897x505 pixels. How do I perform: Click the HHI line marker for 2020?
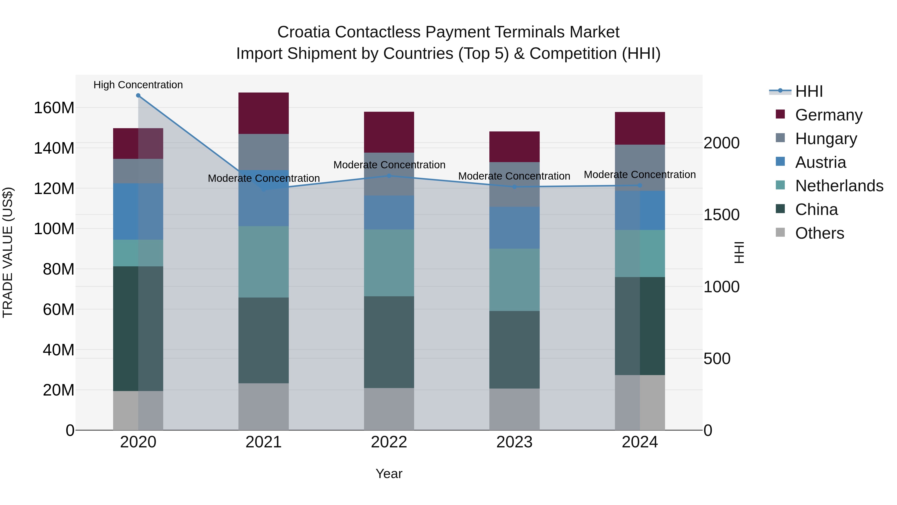(x=138, y=96)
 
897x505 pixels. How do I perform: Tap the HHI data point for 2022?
(x=389, y=176)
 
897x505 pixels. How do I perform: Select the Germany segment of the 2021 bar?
(x=264, y=113)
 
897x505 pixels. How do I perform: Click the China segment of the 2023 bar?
(x=514, y=350)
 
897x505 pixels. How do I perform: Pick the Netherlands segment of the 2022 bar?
(x=389, y=263)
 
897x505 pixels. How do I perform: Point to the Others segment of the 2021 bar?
(x=264, y=407)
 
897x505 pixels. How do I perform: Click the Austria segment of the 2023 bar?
(x=514, y=228)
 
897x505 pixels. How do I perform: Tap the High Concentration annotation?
(x=138, y=85)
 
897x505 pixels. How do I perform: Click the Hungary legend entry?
(x=826, y=139)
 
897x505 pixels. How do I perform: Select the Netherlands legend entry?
(x=839, y=186)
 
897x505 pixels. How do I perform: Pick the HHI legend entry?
(x=809, y=91)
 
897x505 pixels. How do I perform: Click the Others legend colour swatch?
(x=780, y=232)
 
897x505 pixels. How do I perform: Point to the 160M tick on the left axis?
(x=54, y=108)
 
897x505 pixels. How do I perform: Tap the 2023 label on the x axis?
(x=514, y=442)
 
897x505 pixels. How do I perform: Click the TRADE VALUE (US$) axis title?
(x=8, y=252)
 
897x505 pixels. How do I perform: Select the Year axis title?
(x=389, y=474)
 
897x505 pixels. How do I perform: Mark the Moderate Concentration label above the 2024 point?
(x=640, y=175)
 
